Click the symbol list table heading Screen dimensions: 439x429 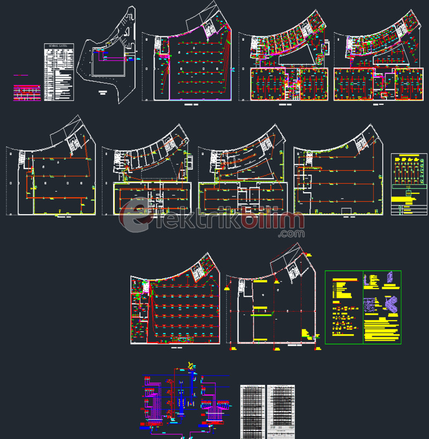pos(58,47)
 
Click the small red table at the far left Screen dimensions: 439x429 pos(27,93)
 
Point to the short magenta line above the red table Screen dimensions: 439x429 pos(21,75)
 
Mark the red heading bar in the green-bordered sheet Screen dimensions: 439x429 pos(344,279)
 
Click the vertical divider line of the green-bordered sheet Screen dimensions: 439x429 pos(363,307)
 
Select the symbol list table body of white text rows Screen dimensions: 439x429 pos(58,75)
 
